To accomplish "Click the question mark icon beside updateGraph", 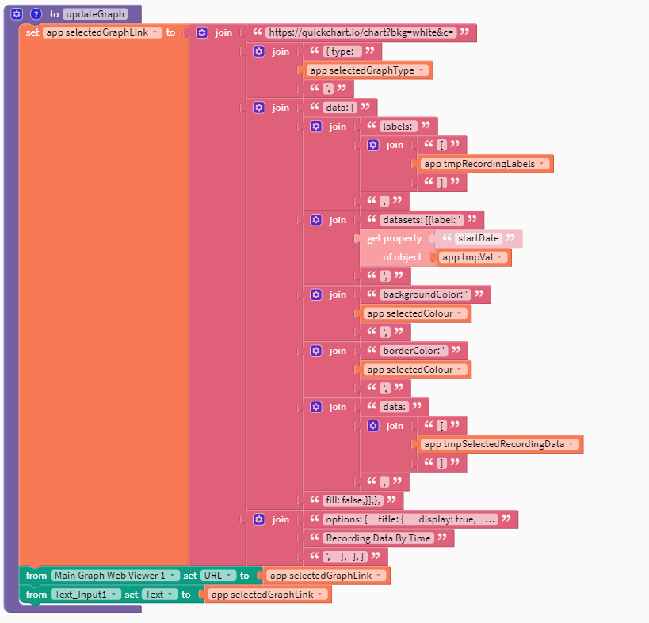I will point(36,13).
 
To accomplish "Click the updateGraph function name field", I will point(94,14).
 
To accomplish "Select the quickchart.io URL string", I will point(361,32).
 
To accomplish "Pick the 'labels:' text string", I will point(399,127).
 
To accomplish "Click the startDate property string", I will point(478,239).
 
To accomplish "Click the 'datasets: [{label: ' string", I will point(422,220).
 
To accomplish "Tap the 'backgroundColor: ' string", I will point(426,294).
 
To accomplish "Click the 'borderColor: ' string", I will point(414,351).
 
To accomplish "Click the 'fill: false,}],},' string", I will point(353,500).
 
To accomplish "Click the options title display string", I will point(410,519).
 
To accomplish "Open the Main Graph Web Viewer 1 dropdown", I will point(114,576).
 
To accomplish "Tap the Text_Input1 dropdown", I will point(86,595).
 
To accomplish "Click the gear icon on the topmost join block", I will point(202,32).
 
